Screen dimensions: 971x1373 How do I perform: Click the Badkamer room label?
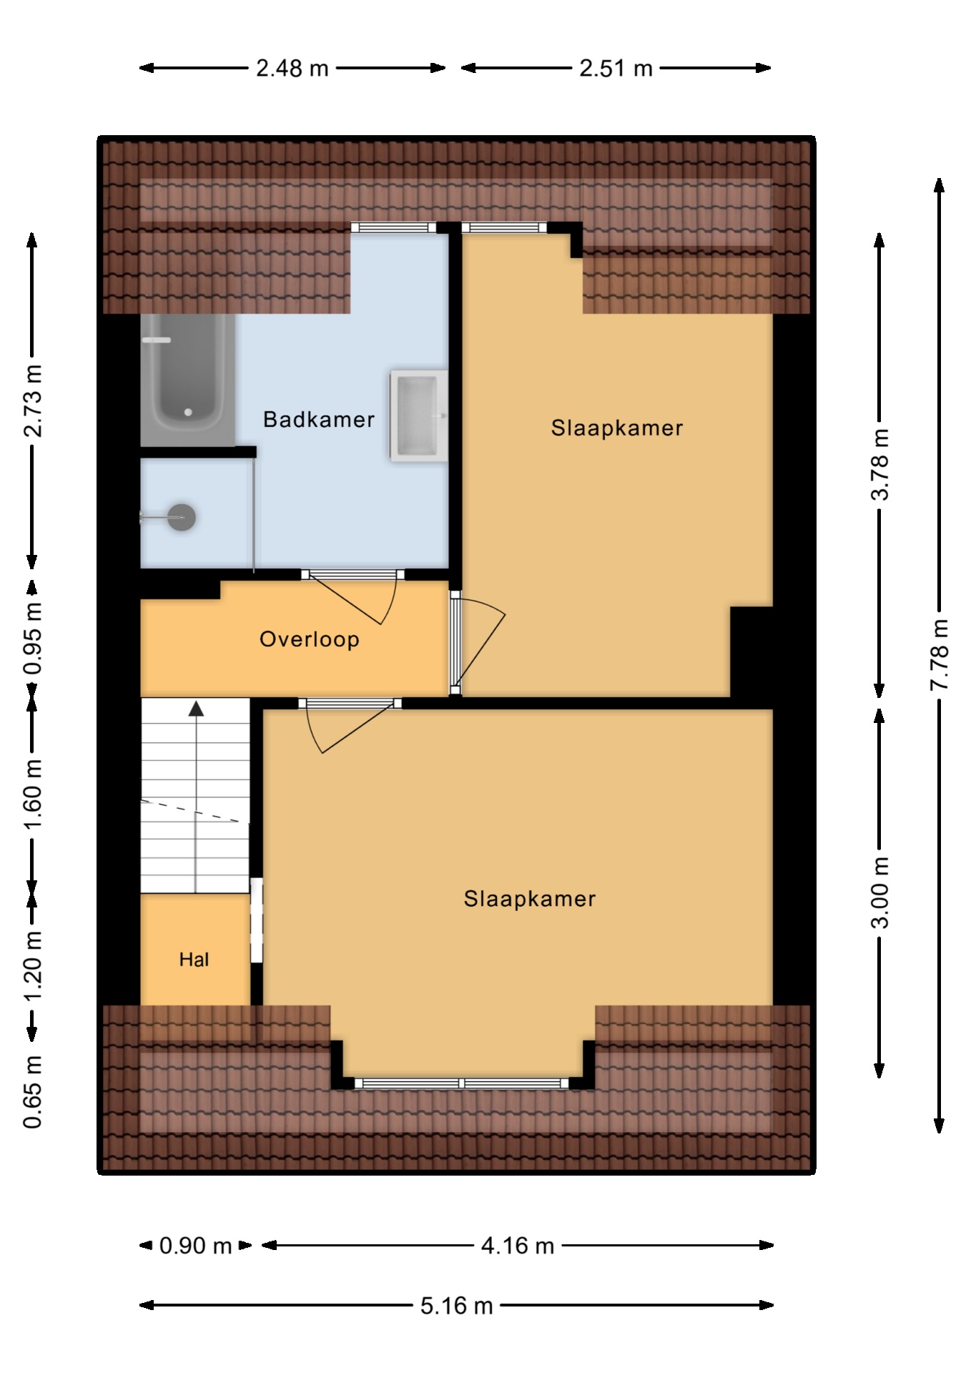[x=319, y=419]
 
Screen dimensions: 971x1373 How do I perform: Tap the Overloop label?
[x=310, y=639]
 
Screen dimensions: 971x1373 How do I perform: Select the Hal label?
[x=194, y=960]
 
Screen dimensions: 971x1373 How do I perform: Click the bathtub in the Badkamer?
[x=187, y=380]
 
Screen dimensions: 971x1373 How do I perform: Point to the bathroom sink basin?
[x=418, y=414]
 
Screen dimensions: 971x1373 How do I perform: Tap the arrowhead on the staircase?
[x=196, y=709]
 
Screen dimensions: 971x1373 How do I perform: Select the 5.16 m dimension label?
[x=456, y=1306]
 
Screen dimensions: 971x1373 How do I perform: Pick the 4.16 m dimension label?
[x=518, y=1246]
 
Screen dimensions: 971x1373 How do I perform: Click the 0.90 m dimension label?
[x=195, y=1246]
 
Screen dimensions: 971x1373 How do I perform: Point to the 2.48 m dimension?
[x=292, y=68]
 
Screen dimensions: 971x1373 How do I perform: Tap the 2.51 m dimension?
[x=616, y=68]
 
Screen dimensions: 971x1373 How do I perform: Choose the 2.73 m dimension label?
[x=33, y=400]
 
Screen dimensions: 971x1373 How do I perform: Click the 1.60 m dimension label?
[x=33, y=794]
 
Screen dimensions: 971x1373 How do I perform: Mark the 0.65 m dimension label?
[x=33, y=1091]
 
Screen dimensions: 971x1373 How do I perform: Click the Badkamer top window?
[x=393, y=227]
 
